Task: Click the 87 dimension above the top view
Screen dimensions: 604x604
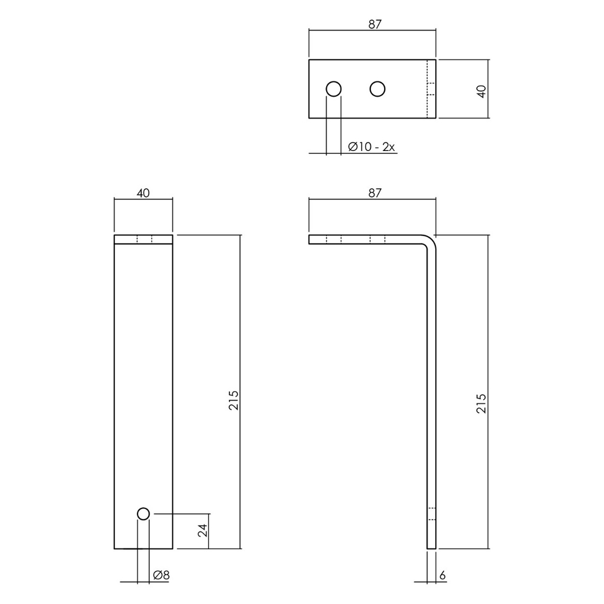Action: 375,24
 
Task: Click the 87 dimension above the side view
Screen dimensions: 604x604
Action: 375,193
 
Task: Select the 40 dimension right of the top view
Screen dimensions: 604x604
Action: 481,91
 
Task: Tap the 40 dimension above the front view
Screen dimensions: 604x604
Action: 143,193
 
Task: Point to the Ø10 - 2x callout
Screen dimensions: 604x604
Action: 371,147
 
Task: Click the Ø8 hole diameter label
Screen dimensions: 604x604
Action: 160,575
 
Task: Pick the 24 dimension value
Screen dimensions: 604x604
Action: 202,530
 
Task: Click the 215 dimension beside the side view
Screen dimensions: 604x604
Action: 481,403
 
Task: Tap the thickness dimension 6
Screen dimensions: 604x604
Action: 442,575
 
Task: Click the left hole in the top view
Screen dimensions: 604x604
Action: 333,89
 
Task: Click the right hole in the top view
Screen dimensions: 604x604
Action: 377,89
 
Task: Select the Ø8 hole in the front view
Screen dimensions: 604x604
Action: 143,514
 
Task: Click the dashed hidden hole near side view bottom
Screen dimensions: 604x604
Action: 431,514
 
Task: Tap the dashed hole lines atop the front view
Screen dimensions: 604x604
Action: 144,239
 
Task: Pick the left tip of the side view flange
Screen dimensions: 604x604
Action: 311,239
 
